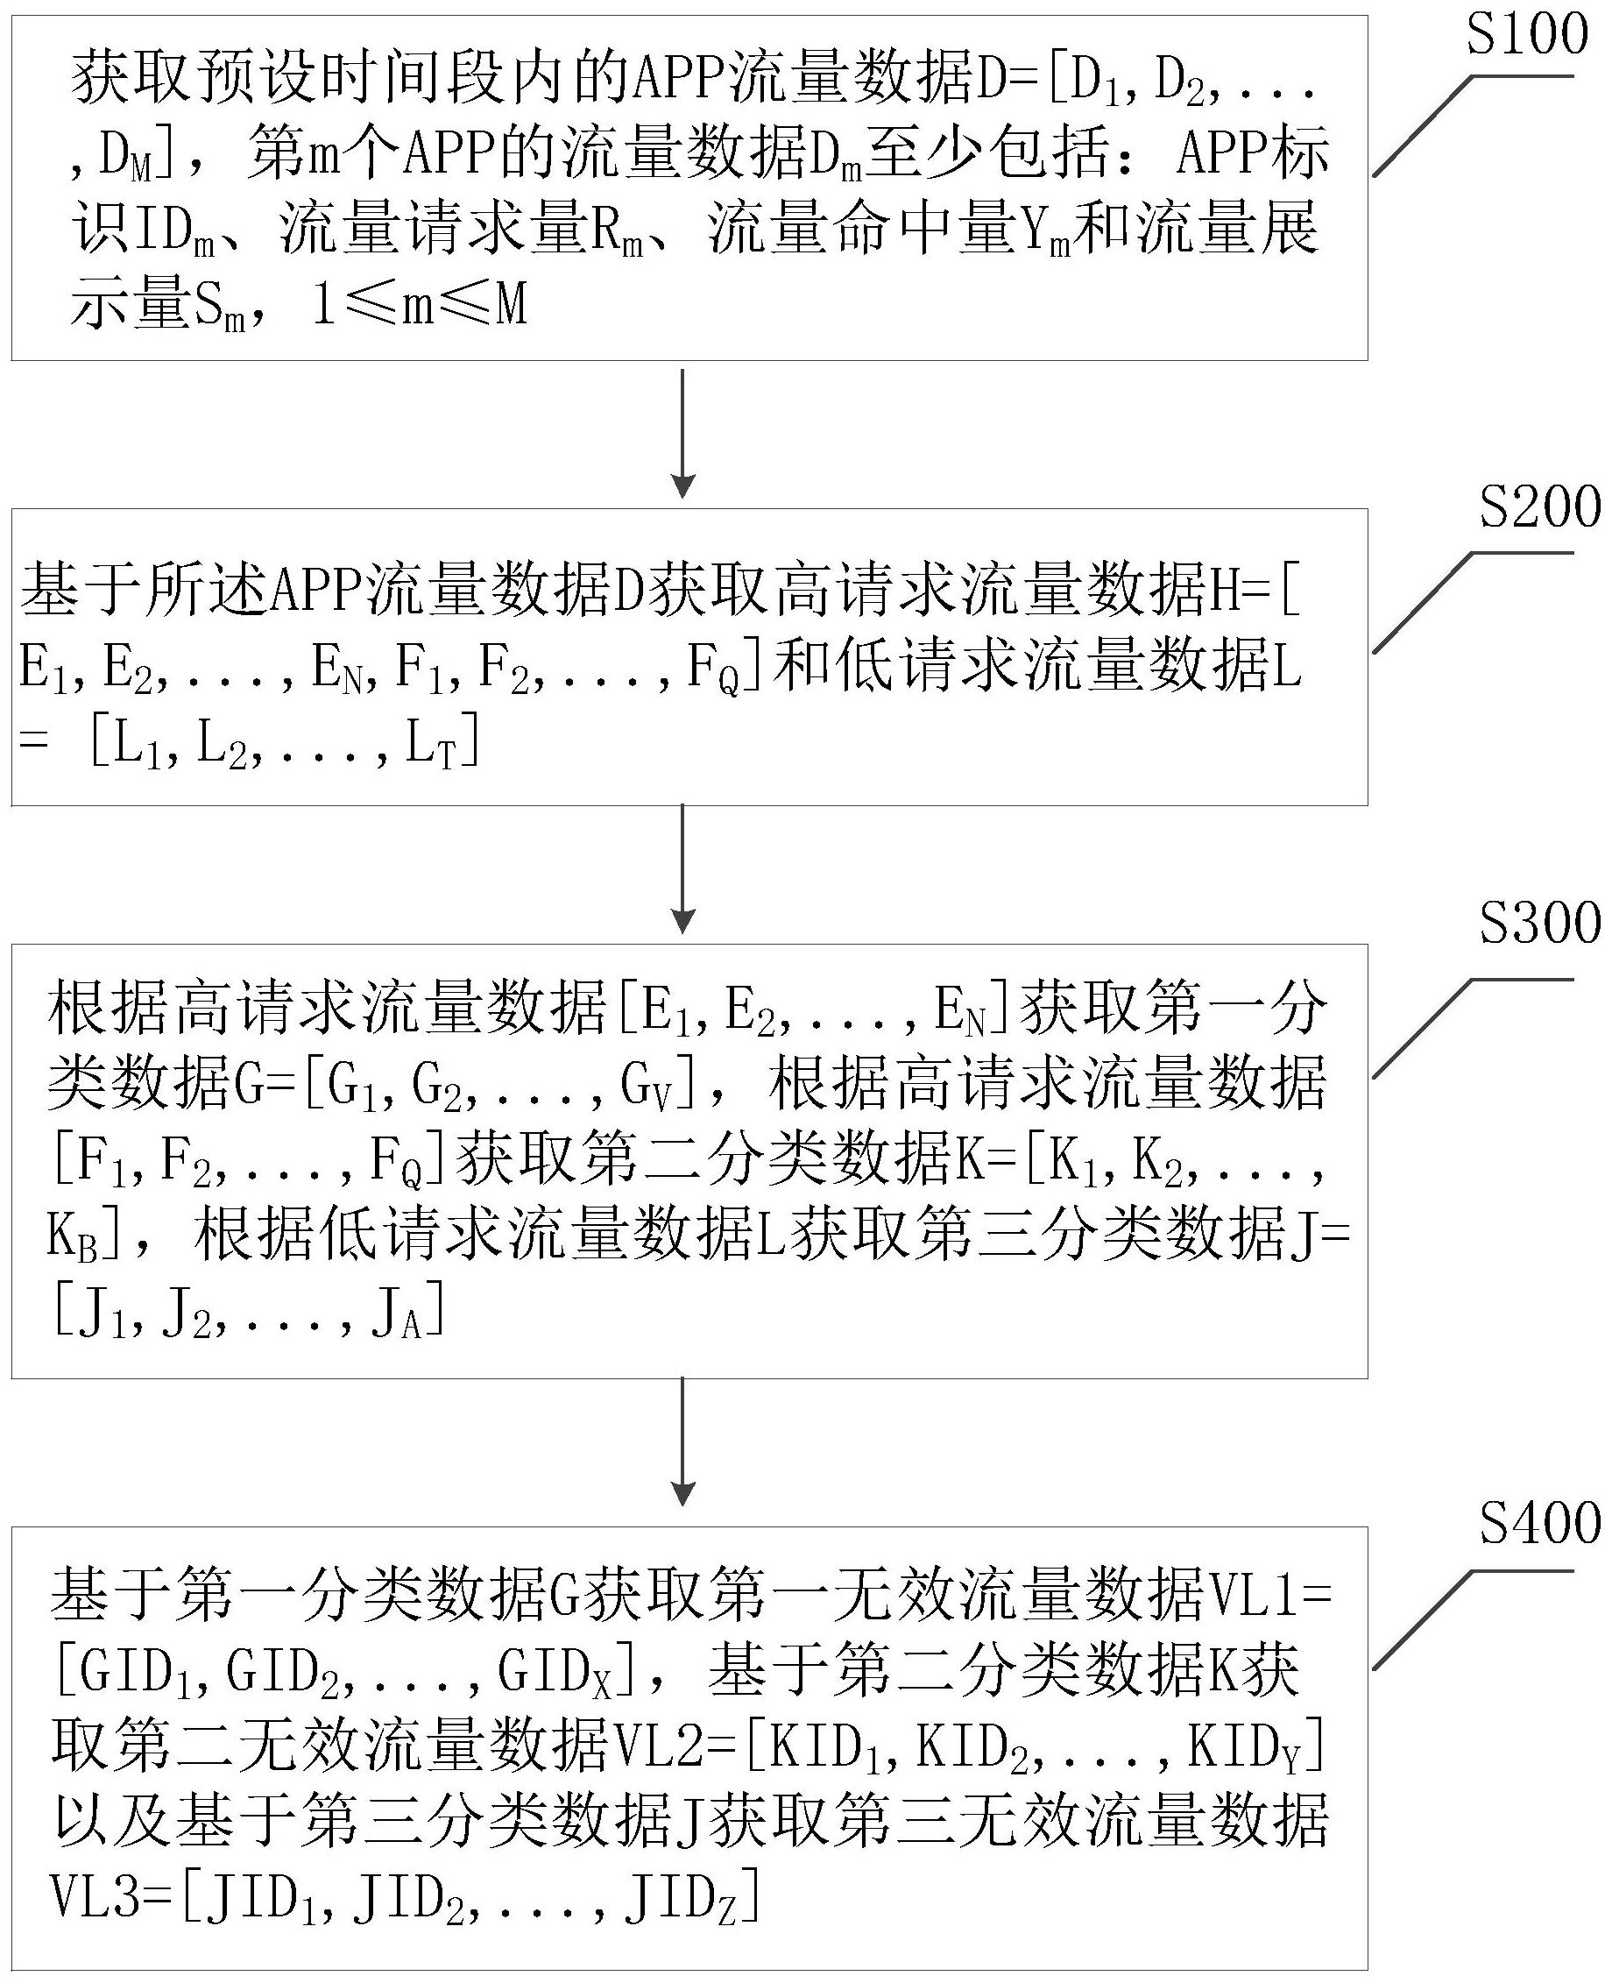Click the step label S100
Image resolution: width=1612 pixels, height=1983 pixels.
click(x=1525, y=36)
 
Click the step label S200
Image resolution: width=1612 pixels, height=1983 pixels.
click(x=1538, y=509)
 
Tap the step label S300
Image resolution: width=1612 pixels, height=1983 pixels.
click(x=1538, y=924)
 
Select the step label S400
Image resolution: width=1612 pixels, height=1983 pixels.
click(x=1538, y=1524)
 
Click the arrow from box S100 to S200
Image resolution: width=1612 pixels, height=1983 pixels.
click(x=682, y=433)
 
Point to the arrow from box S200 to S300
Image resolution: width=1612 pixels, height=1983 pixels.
click(x=682, y=868)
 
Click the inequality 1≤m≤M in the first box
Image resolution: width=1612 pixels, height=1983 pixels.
click(x=421, y=304)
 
